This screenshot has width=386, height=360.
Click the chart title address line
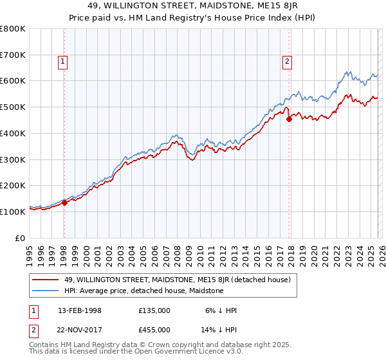click(x=193, y=7)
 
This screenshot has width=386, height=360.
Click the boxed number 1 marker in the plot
click(x=63, y=62)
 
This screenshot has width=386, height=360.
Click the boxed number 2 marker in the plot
click(x=287, y=62)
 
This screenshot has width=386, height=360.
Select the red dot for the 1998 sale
click(x=64, y=203)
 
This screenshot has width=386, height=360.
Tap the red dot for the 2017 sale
click(x=289, y=118)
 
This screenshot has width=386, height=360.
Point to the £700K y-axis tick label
click(x=13, y=55)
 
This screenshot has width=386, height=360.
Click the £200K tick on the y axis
click(x=13, y=185)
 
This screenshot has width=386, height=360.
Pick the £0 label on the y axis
click(x=21, y=237)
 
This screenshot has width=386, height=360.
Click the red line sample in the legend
click(x=45, y=280)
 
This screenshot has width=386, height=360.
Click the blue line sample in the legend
click(x=45, y=291)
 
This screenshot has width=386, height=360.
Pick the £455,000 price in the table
click(x=154, y=329)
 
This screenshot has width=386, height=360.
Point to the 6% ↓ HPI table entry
click(x=221, y=310)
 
